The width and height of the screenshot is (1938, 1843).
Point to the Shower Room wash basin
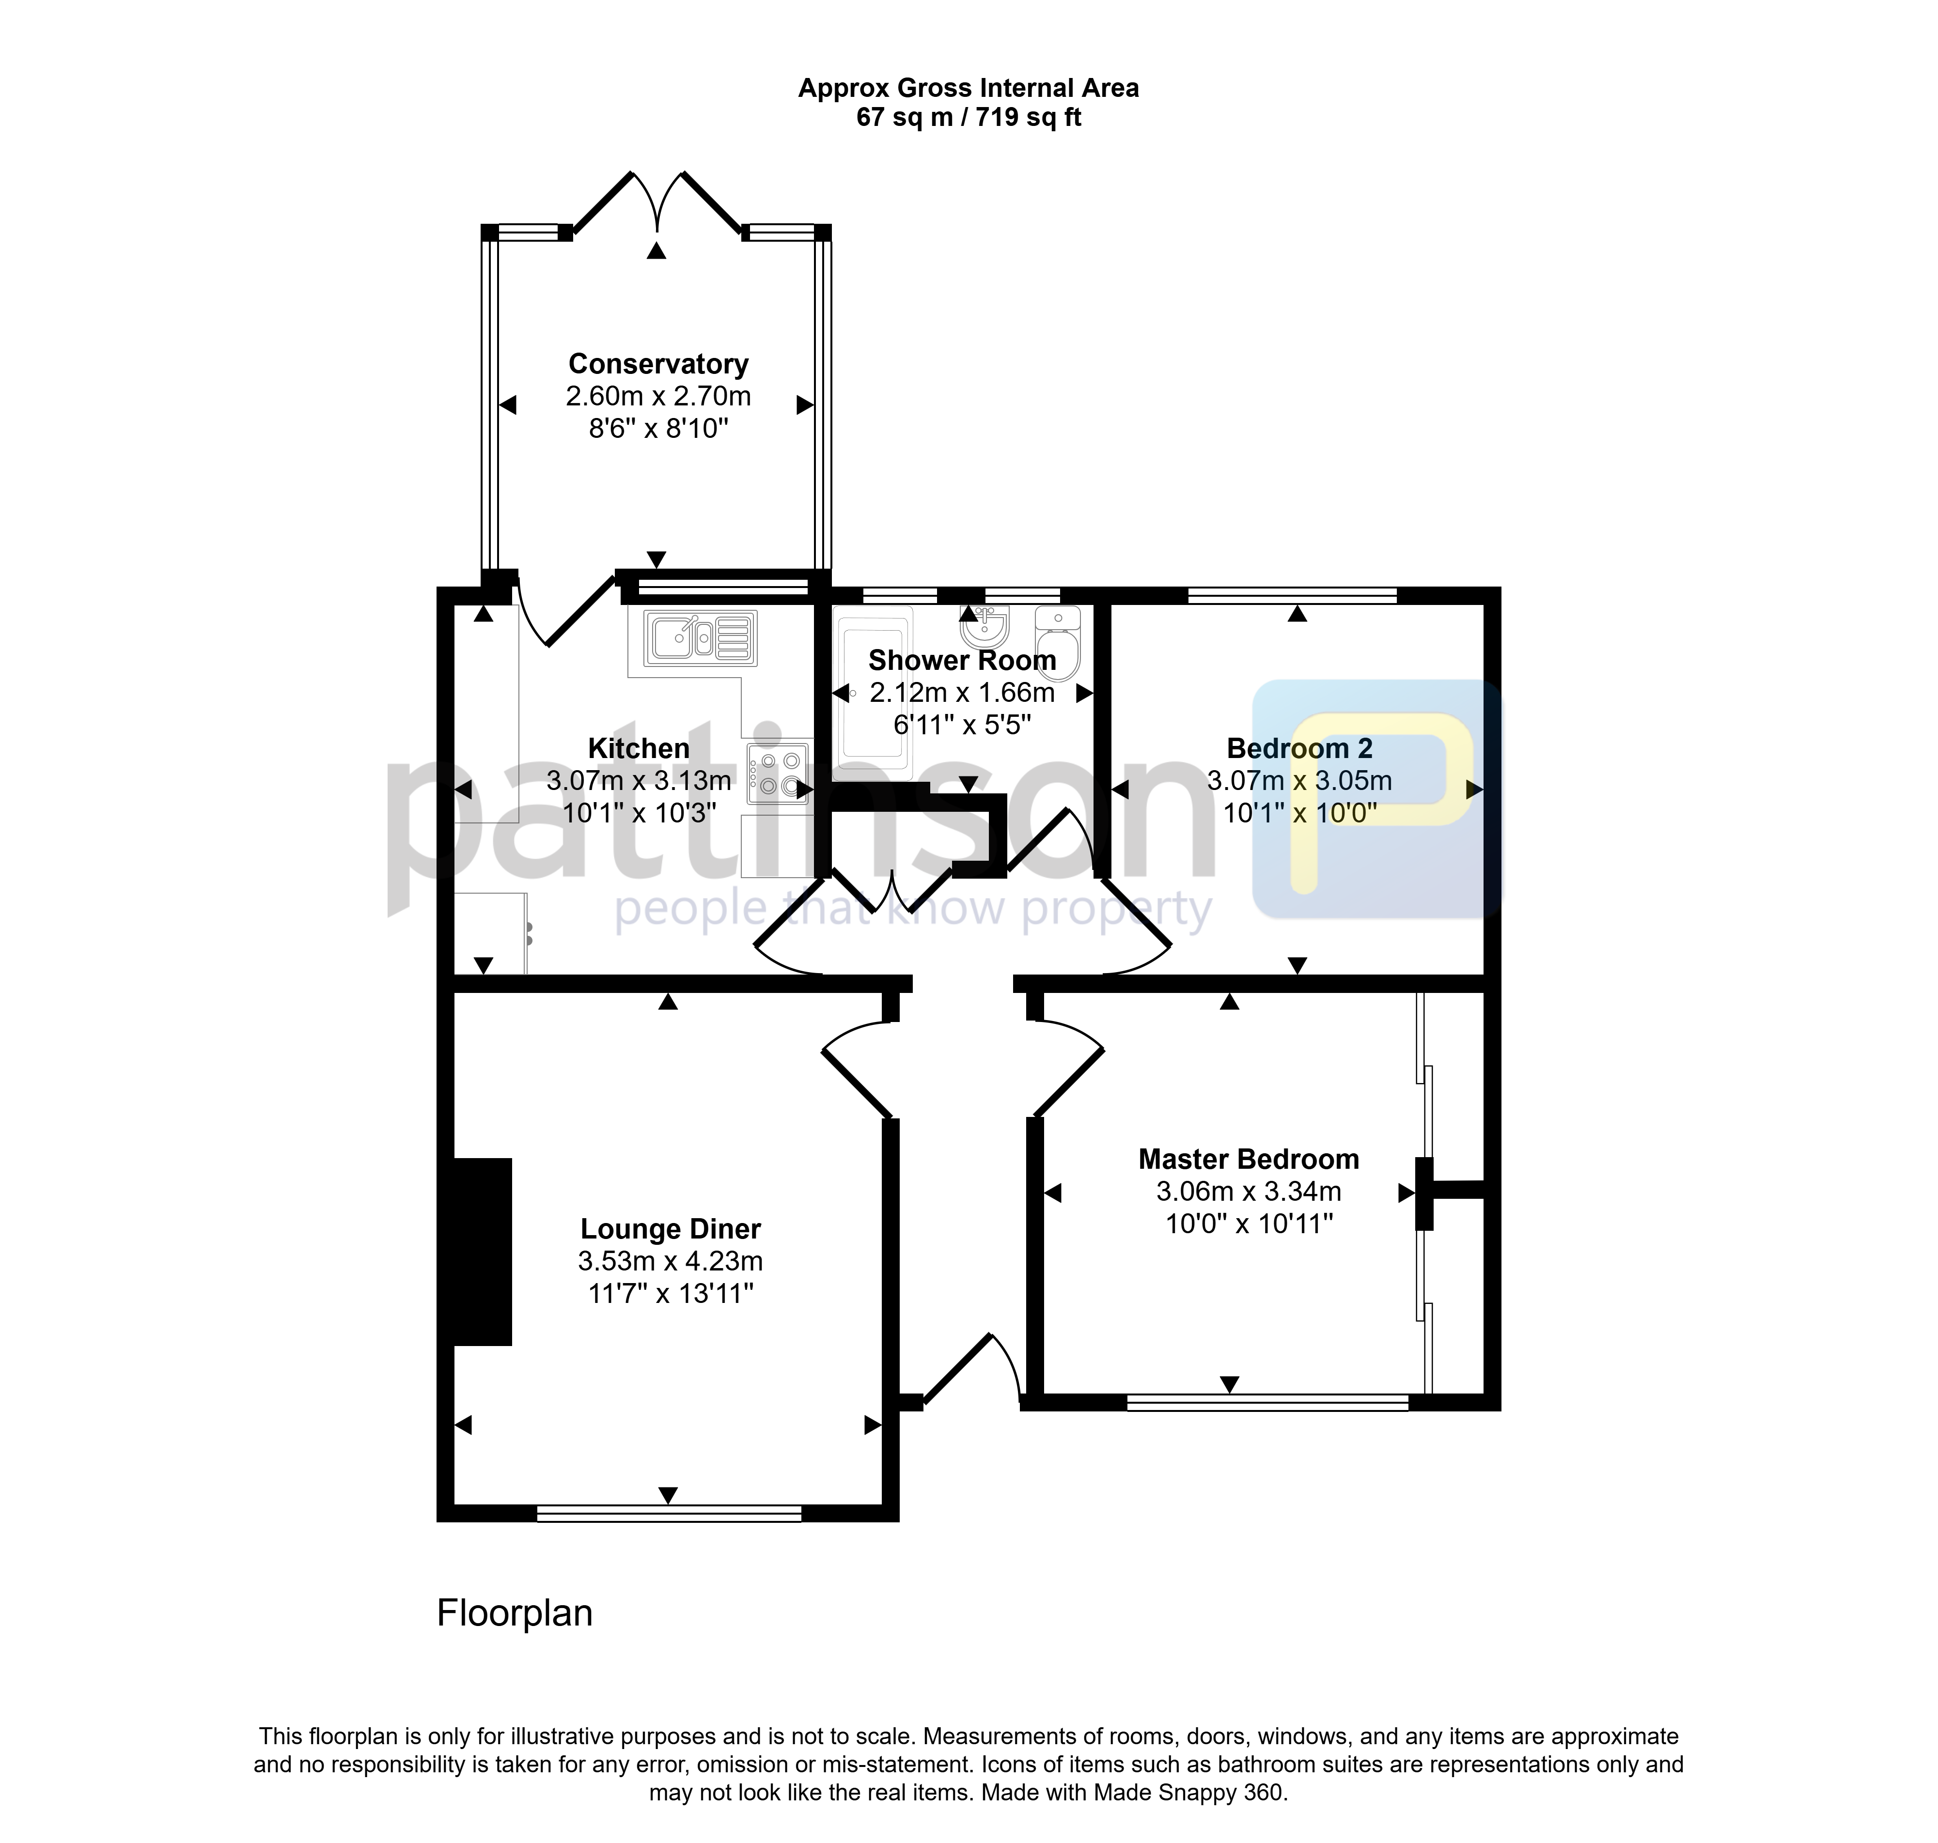point(984,626)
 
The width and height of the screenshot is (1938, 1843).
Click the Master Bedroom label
point(1248,1159)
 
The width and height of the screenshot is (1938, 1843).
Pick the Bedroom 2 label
point(1299,749)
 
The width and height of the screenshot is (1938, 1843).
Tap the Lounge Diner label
point(670,1229)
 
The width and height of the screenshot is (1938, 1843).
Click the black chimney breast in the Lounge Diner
point(483,1252)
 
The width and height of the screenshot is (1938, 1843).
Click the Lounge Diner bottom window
point(669,1514)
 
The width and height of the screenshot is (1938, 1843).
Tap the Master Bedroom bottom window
point(1268,1403)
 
